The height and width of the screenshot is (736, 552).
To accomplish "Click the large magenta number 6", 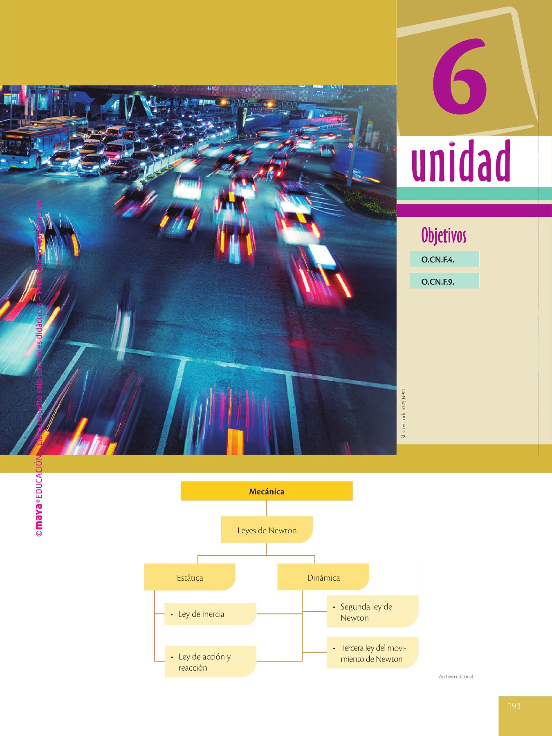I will [460, 78].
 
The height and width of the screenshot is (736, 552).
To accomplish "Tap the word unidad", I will [461, 162].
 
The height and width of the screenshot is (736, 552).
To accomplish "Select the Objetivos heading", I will [444, 236].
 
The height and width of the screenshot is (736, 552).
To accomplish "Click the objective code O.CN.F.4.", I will [438, 260].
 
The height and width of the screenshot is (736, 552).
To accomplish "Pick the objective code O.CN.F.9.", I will [438, 282].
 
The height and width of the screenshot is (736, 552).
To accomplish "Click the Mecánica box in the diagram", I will [267, 491].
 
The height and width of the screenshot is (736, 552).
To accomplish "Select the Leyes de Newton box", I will [267, 530].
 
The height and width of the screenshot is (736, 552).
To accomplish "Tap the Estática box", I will [190, 578].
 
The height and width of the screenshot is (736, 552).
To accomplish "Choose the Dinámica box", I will [323, 578].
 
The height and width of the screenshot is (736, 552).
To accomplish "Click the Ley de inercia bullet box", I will [210, 614].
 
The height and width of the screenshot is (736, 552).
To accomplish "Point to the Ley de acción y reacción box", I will [210, 662].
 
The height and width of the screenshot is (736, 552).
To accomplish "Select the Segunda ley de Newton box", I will [372, 612].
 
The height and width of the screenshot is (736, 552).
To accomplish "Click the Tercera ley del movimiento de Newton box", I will [372, 653].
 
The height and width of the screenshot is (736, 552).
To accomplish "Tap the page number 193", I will [514, 706].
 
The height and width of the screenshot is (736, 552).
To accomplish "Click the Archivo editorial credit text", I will [456, 677].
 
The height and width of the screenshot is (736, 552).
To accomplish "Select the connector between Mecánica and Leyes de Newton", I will [267, 508].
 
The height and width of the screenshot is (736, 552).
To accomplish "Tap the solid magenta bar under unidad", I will [474, 211].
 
